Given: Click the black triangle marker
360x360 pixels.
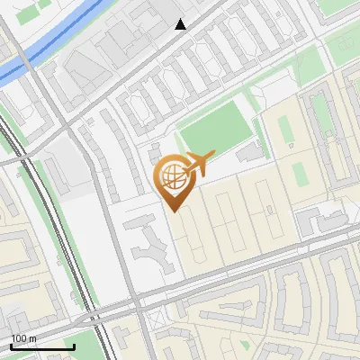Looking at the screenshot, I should pyautogui.click(x=181, y=24).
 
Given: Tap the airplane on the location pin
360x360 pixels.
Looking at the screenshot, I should pyautogui.click(x=199, y=164).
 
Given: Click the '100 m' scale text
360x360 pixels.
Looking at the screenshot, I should pyautogui.click(x=24, y=338).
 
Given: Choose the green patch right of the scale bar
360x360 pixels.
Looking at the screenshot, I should pyautogui.click(x=85, y=343).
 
